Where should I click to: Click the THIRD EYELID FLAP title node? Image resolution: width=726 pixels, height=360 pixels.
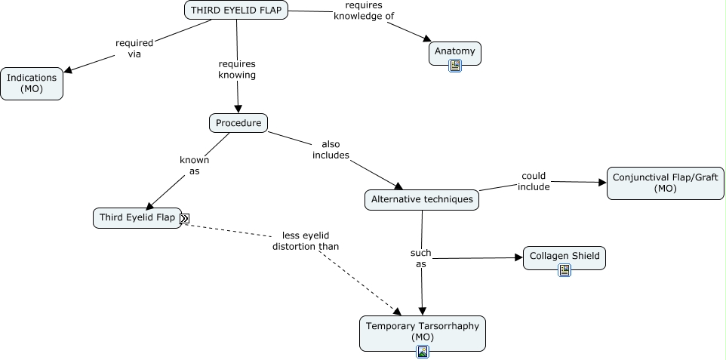click(236, 10)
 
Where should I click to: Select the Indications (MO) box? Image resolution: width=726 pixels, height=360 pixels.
click(32, 83)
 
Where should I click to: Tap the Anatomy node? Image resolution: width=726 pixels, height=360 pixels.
click(455, 51)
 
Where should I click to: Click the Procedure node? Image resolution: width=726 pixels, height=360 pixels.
click(238, 122)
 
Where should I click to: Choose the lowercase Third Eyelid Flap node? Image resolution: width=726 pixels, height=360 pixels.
click(137, 218)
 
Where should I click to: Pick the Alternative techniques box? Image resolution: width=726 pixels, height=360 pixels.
click(422, 200)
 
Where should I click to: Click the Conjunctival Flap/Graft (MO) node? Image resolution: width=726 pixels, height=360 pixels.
click(666, 183)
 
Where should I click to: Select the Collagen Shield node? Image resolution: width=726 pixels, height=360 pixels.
click(564, 256)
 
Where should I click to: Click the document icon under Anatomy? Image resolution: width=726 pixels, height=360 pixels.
click(455, 66)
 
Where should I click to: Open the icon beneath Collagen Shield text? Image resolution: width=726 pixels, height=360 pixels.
click(564, 269)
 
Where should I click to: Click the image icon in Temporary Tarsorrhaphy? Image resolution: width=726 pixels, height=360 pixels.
click(423, 351)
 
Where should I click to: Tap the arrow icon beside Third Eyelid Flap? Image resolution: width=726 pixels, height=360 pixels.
click(185, 219)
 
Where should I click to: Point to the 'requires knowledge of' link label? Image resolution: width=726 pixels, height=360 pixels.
click(364, 11)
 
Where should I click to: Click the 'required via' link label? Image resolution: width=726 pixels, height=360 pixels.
click(134, 48)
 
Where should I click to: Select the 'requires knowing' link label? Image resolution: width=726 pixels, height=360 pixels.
click(237, 69)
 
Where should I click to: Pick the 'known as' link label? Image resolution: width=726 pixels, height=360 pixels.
click(194, 165)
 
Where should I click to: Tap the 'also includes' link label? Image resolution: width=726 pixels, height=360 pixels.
click(331, 149)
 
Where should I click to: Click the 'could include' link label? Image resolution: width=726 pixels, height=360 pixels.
click(534, 181)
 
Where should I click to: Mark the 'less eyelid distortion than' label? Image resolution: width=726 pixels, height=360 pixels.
click(306, 240)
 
